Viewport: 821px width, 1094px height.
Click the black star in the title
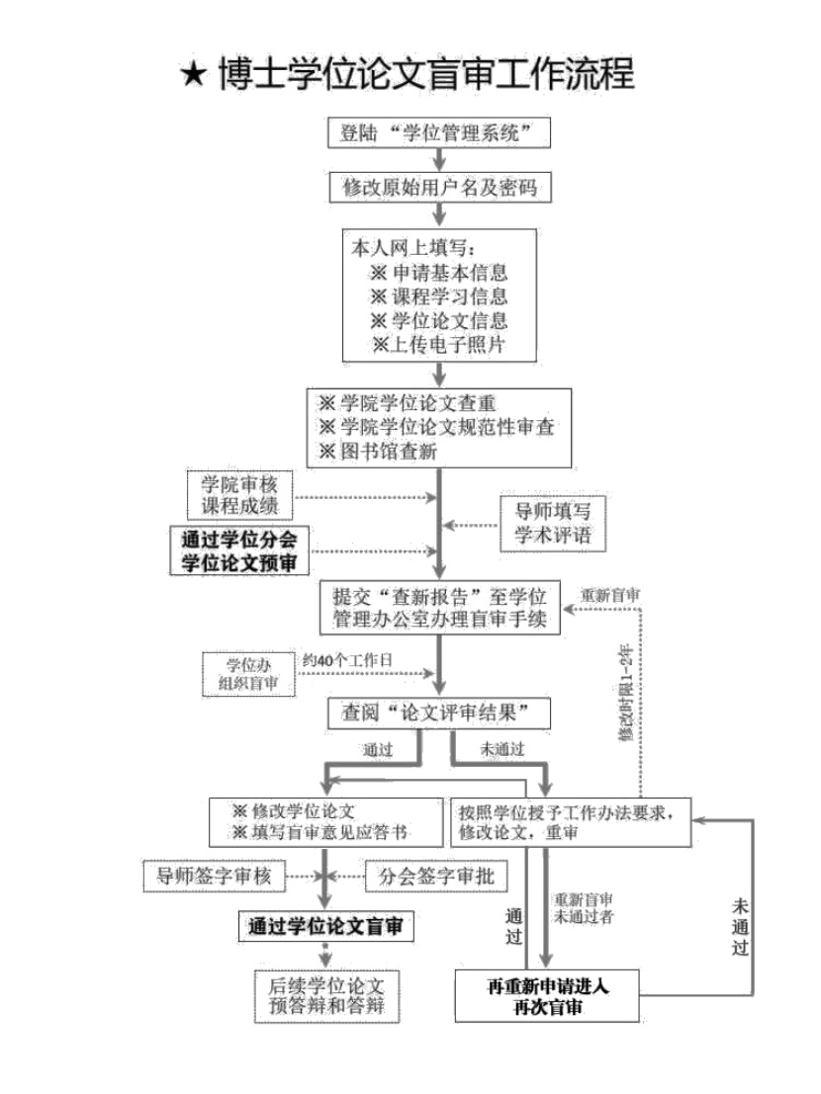point(194,74)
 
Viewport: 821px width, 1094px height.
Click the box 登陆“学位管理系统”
point(439,132)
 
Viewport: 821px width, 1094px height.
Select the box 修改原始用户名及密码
point(440,187)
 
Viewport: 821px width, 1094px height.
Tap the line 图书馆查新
point(379,451)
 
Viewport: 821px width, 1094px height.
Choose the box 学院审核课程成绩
point(239,495)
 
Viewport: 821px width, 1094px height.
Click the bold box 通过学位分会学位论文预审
point(239,550)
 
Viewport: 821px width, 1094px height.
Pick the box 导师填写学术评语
point(552,523)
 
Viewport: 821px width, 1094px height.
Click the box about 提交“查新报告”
point(440,607)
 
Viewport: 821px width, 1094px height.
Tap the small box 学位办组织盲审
point(248,674)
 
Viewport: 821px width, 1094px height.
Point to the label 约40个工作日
point(347,660)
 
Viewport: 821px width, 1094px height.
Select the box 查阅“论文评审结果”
point(439,714)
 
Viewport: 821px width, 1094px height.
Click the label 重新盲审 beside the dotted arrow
point(610,595)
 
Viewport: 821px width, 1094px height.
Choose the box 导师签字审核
point(214,876)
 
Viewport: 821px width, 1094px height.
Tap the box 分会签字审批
point(436,876)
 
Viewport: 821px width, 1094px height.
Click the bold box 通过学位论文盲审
point(326,927)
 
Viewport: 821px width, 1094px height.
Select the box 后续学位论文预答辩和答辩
point(326,996)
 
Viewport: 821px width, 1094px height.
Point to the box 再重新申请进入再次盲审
point(547,995)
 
